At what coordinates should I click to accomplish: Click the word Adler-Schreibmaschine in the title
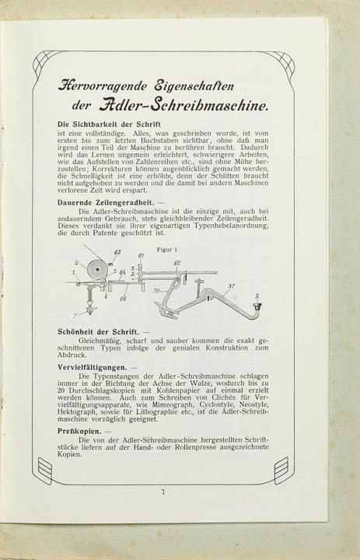pos(184,106)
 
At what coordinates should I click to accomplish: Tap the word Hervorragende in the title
pos(102,86)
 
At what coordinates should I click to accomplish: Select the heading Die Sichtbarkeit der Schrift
pos(109,124)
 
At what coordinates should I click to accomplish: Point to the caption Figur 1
pos(167,250)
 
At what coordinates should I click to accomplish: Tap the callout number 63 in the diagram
pos(117,253)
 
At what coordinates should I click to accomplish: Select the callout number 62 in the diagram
pos(177,263)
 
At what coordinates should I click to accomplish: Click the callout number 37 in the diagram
pos(232,285)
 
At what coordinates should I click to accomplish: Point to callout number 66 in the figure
pos(123,299)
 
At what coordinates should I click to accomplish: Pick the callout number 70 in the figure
pos(156,291)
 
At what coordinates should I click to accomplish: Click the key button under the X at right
pos(257,306)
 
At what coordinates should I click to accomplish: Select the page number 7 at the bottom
pos(163,492)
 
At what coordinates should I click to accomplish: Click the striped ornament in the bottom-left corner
pos(45,466)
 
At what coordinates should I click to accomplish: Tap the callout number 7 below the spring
pos(75,316)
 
